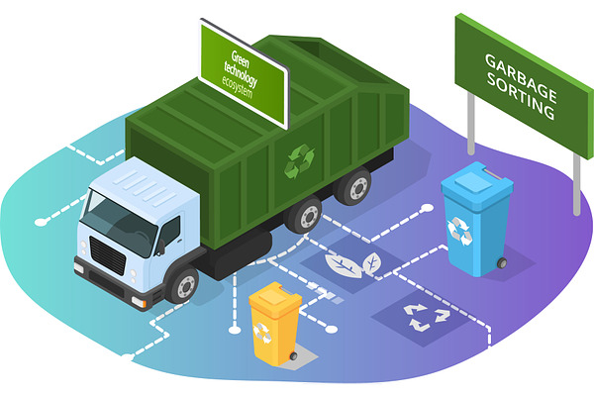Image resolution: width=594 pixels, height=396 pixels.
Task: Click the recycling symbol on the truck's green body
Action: point(299,161)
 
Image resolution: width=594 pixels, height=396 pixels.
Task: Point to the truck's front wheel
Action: point(183,285)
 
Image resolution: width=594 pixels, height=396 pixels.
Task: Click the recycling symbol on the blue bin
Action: point(460,230)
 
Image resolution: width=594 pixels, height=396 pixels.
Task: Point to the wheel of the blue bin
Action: point(502,263)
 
